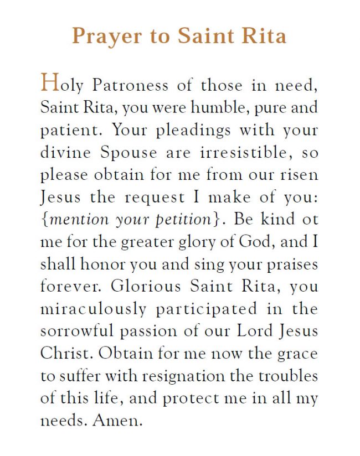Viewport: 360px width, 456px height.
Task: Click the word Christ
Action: click(62, 353)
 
